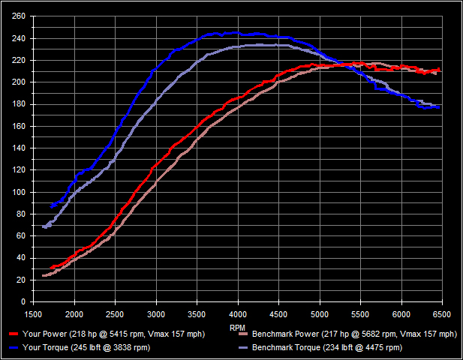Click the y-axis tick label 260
[x=18, y=16]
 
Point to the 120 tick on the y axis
[x=18, y=169]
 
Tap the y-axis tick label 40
[x=20, y=257]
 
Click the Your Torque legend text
[x=86, y=347]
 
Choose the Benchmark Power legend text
[x=354, y=334]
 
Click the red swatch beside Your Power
[x=14, y=334]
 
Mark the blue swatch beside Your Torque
[x=14, y=347]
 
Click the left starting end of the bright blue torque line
[x=51, y=205]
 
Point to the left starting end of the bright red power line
[x=50, y=268]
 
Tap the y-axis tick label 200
[x=18, y=82]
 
